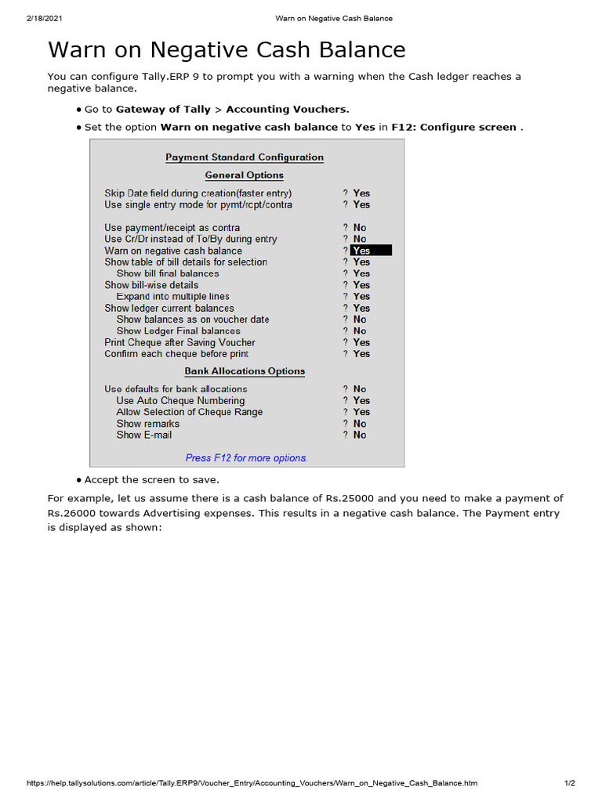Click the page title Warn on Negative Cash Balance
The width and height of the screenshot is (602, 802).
point(227,50)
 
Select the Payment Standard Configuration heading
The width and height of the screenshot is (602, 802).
point(245,157)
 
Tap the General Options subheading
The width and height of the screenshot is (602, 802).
point(245,175)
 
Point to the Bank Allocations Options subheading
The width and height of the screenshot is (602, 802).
point(245,371)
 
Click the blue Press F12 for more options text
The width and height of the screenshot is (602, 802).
point(246,458)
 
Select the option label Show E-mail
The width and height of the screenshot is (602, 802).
point(143,435)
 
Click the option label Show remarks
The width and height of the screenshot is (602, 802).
point(147,424)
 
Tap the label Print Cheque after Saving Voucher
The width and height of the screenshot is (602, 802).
point(180,342)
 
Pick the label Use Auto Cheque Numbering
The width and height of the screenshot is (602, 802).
point(180,400)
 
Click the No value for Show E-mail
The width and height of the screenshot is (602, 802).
point(360,435)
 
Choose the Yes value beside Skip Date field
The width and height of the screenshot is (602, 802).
point(361,193)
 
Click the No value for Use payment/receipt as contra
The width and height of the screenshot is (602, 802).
point(360,228)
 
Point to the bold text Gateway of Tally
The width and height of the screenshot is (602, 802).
point(163,110)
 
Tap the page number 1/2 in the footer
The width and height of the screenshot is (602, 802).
point(570,783)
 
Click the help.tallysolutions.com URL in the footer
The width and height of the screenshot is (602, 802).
point(252,783)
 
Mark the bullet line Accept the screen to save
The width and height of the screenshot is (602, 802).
point(152,479)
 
